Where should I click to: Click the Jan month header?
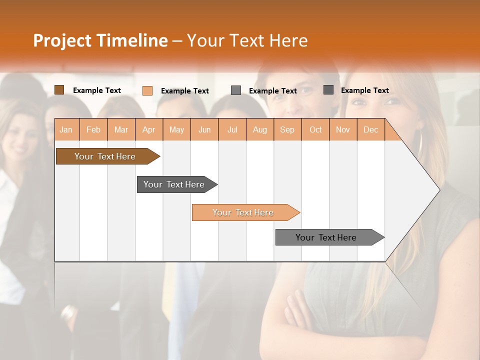[x=66, y=130]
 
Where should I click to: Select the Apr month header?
[x=149, y=130]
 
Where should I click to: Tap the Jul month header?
[x=232, y=130]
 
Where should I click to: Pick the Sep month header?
[x=287, y=130]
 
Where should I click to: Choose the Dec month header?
[x=370, y=130]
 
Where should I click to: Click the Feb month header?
[x=93, y=130]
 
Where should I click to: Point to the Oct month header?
[x=315, y=130]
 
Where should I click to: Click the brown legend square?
[x=59, y=90]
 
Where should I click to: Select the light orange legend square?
[x=147, y=90]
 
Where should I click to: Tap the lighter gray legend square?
[x=236, y=90]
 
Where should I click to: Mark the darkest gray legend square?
[x=328, y=90]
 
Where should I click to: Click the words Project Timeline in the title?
[x=100, y=40]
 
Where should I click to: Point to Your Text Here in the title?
[x=247, y=40]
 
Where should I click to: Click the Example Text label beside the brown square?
[x=97, y=90]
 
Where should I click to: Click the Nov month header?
[x=343, y=130]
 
